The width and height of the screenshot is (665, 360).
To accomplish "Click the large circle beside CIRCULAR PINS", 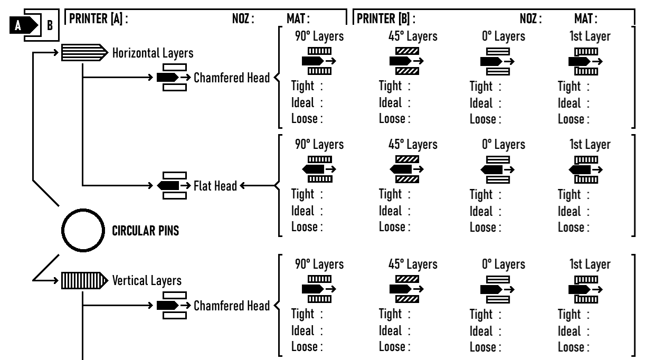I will tap(82, 232).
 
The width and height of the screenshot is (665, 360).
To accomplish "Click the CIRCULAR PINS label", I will tap(146, 233).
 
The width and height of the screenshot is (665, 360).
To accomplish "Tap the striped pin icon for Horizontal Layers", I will tap(83, 53).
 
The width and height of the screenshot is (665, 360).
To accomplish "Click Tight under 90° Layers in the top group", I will tap(304, 87).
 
